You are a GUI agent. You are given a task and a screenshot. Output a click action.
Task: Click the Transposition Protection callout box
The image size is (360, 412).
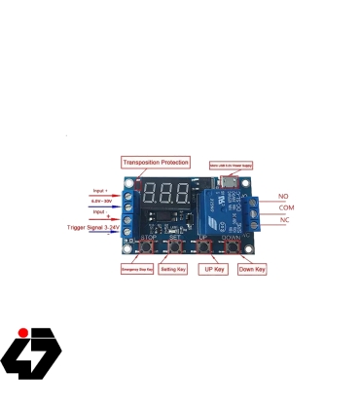click(156, 162)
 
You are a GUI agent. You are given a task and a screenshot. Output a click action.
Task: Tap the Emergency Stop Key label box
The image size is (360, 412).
click(135, 268)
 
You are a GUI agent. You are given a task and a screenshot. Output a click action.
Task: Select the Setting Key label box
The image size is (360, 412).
click(174, 268)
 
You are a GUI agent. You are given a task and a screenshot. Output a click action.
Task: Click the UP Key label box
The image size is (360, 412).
click(213, 268)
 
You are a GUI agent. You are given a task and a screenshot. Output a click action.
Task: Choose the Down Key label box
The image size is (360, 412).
click(251, 268)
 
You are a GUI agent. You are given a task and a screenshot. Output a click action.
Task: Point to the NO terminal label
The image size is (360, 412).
click(283, 197)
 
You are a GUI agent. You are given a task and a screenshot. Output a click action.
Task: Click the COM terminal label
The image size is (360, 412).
click(286, 208)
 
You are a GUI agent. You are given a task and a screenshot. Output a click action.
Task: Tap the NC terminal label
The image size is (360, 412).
click(283, 220)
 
